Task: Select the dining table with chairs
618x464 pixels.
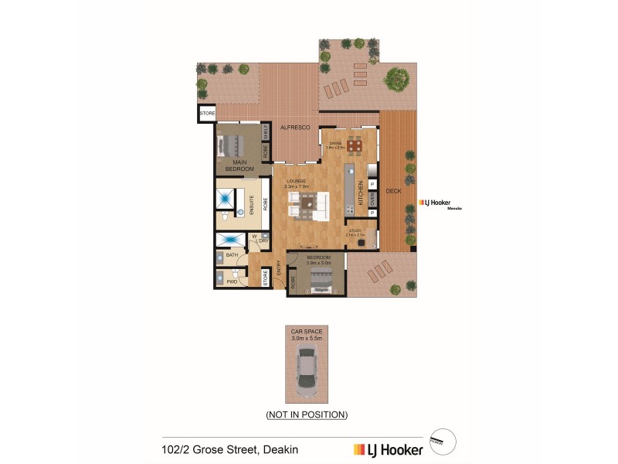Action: (x=354, y=145)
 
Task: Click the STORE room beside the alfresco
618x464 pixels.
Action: (x=207, y=114)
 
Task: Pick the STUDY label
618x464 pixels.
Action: (x=355, y=230)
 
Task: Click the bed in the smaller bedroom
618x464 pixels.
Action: (x=320, y=280)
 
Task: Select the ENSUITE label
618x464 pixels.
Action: (x=251, y=204)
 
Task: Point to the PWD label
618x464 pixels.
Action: (x=232, y=282)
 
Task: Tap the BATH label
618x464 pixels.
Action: (x=232, y=254)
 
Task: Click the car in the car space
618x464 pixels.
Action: (x=307, y=370)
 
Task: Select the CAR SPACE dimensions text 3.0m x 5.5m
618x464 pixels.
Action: (x=307, y=336)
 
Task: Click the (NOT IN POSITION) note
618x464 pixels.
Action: (x=307, y=415)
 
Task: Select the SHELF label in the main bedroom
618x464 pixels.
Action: (x=266, y=130)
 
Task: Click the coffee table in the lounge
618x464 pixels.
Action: (x=308, y=203)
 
